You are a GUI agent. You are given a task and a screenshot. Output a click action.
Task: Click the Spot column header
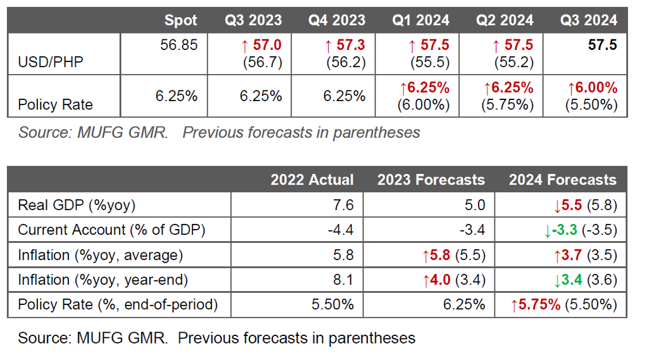tap(180, 20)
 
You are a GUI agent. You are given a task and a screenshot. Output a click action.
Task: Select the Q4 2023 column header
tap(337, 20)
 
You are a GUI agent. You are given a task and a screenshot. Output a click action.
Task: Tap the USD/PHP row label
tap(51, 62)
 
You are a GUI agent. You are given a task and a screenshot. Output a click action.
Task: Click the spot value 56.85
tap(179, 46)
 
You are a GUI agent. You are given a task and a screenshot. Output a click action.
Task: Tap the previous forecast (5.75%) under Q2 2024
tap(506, 104)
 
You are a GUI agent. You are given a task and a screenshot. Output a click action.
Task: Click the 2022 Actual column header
tap(312, 180)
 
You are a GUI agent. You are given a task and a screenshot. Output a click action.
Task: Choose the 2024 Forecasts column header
tap(562, 180)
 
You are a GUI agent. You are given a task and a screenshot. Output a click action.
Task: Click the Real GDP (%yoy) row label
tap(77, 205)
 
